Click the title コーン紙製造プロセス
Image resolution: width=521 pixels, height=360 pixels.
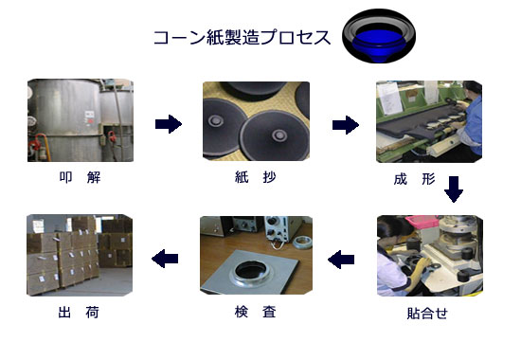click(242, 37)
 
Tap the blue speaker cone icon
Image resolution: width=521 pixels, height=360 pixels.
click(379, 36)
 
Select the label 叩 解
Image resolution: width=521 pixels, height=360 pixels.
click(81, 177)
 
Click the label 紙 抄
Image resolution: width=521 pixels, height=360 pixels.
click(255, 177)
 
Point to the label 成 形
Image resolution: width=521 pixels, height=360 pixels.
click(414, 179)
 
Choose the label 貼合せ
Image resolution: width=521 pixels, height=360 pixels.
click(427, 314)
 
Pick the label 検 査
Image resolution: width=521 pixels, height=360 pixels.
click(255, 312)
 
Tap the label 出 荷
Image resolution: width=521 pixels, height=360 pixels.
click(79, 313)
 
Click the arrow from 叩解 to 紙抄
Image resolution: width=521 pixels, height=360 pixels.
click(169, 124)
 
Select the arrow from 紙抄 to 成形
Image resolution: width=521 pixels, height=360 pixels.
click(346, 125)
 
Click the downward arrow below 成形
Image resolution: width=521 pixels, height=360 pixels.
click(454, 189)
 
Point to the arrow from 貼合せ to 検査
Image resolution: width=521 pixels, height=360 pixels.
click(341, 260)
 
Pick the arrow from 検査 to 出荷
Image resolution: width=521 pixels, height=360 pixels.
click(165, 259)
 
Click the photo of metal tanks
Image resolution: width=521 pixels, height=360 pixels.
click(81, 120)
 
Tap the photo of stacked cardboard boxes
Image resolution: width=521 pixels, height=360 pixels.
click(80, 255)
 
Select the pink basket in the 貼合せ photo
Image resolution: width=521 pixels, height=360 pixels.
click(422, 220)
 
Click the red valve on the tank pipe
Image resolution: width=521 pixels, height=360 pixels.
click(35, 145)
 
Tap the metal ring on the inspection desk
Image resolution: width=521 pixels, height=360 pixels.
click(302, 242)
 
